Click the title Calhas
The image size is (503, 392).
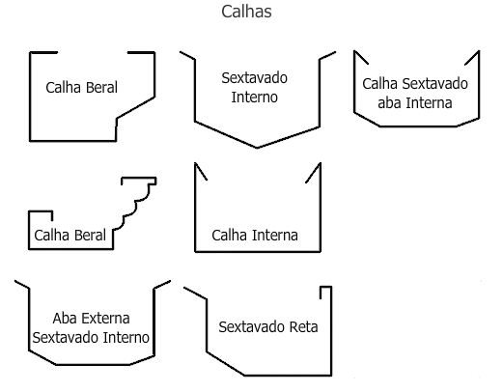tap(246, 12)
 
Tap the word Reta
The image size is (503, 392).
tap(304, 327)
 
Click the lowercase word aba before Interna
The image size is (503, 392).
tap(390, 103)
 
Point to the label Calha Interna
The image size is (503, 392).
tap(255, 236)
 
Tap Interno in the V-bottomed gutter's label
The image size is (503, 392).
tap(254, 98)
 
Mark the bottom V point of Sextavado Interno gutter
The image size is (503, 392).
tap(257, 148)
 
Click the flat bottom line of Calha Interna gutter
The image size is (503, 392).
tap(258, 251)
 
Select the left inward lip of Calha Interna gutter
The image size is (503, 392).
tap(201, 172)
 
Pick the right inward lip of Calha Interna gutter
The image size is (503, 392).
tap(313, 173)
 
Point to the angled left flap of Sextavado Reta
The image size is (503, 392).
tap(195, 294)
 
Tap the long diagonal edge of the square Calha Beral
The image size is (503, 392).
tap(135, 107)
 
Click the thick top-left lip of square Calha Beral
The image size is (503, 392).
tap(43, 52)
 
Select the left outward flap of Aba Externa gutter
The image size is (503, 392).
tap(22, 285)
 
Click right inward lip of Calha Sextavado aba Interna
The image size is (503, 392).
tap(472, 58)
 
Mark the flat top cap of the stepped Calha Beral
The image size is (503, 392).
tap(139, 178)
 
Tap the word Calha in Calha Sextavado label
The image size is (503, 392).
tap(380, 84)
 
